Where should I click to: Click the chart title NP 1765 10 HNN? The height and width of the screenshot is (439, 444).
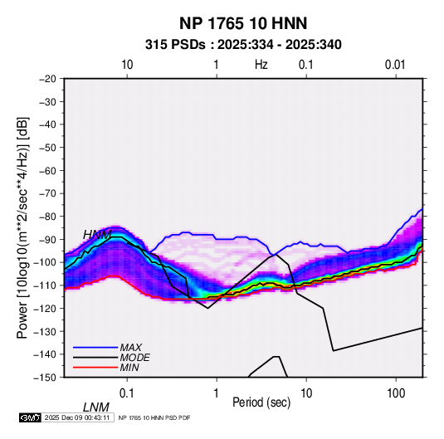pos(243,23)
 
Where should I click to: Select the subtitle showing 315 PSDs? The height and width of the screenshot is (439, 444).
pos(243,45)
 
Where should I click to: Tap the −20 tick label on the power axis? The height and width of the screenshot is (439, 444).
pos(47,79)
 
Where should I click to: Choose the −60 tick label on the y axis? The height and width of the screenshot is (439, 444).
pos(47,170)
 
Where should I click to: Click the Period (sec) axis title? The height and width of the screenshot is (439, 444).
pos(261,402)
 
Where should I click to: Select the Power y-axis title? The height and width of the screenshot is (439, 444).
pos(22,227)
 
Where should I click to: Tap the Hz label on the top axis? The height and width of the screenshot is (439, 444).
pos(261,65)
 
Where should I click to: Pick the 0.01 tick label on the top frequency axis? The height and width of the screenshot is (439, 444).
pos(395,65)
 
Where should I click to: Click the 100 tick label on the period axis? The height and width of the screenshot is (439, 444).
pos(396,393)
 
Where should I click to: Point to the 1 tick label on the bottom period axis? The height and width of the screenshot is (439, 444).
pos(217,393)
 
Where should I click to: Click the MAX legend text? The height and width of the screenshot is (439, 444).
pos(131,347)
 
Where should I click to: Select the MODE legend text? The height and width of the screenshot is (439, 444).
pos(134,358)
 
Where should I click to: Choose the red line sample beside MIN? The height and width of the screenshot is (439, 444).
pos(95,368)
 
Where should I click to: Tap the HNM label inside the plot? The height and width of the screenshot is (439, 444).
pos(97,235)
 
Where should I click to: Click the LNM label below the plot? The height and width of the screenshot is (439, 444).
pos(95,407)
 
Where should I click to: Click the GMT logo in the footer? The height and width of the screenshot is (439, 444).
pos(31,417)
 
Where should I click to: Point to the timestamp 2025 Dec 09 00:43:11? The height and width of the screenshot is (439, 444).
pos(77,417)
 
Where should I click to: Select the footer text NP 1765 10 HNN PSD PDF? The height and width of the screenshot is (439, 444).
pos(154,417)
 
